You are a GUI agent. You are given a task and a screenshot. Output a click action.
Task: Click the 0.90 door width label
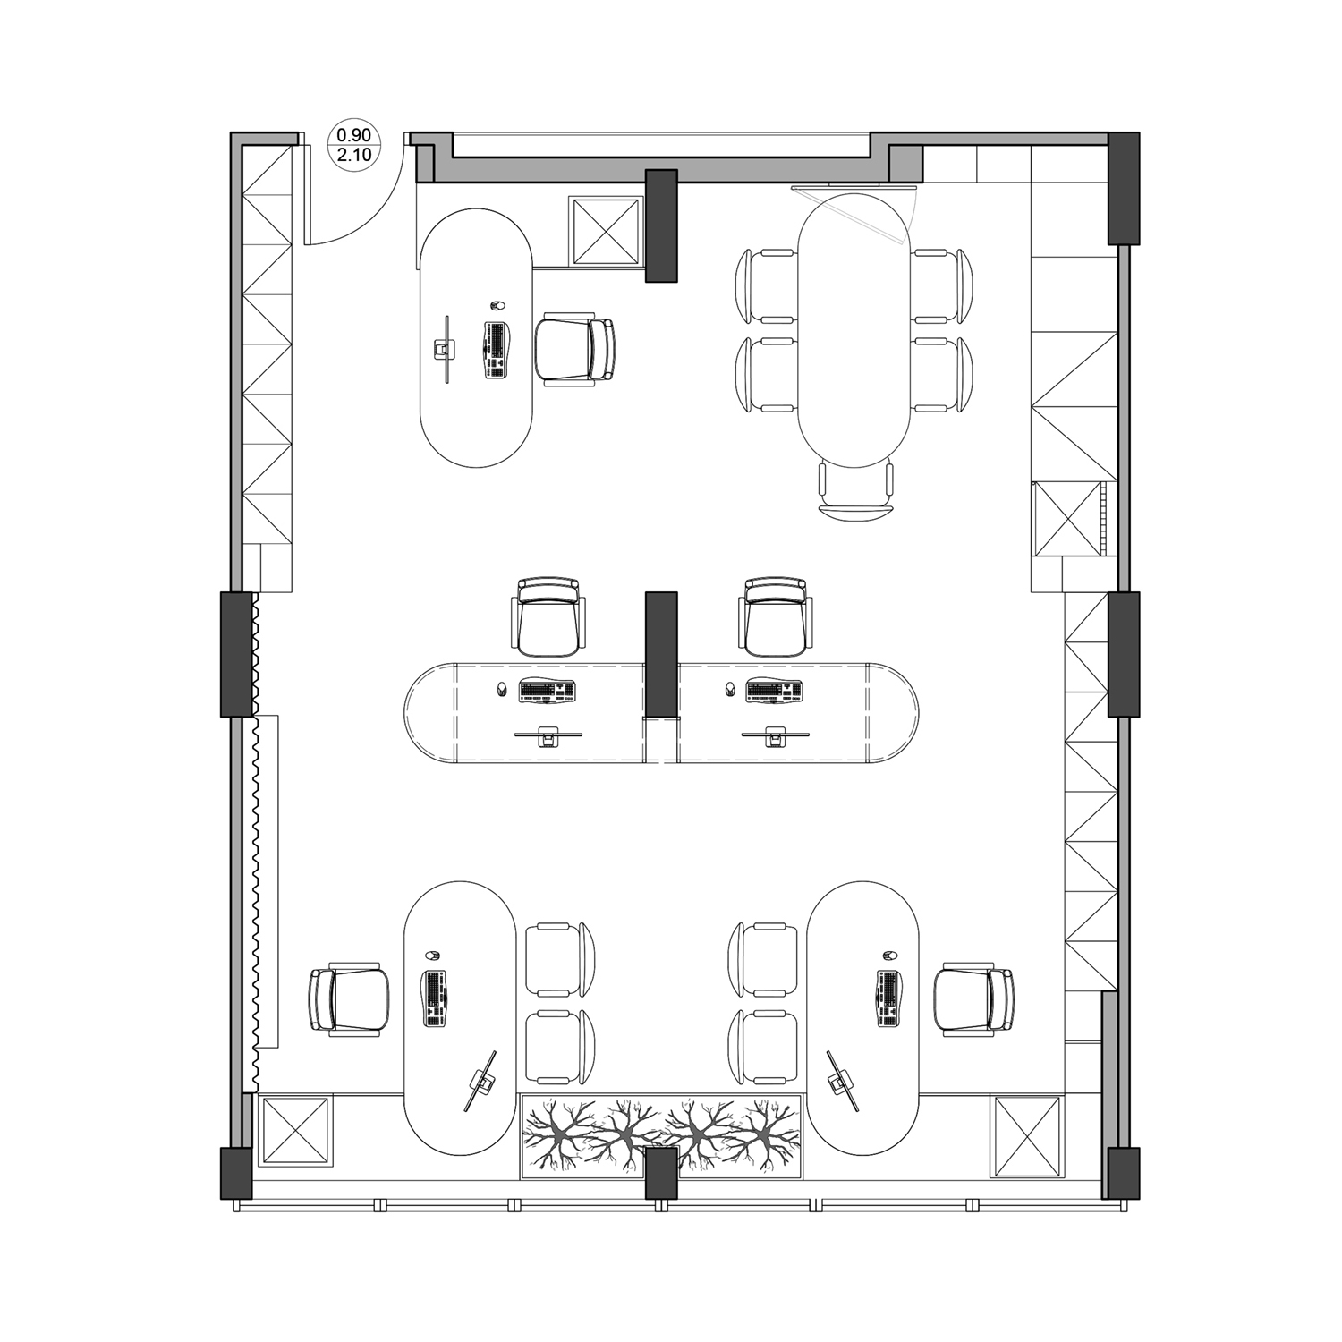pos(353,135)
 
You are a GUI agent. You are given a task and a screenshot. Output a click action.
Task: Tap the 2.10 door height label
pos(353,155)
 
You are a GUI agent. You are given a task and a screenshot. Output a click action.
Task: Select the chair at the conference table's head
pos(856,491)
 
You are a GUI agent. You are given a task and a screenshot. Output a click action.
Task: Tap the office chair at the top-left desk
pos(575,351)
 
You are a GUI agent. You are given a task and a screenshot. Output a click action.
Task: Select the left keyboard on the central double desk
pos(547,692)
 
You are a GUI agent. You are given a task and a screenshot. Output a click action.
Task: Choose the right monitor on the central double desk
pos(775,735)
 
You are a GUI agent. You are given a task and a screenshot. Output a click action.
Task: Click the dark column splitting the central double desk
pos(661,654)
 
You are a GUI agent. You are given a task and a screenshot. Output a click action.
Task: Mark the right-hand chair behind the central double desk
pos(776,617)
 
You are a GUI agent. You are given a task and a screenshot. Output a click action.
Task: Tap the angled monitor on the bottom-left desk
pos(481,1082)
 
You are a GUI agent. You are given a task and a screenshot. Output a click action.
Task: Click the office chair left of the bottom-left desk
pos(349,999)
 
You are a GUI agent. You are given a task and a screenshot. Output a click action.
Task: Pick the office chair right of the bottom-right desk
pos(974,999)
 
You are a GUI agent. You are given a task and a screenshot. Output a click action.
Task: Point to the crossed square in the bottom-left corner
pos(294,1131)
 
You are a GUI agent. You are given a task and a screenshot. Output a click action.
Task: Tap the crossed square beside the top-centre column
pos(607,230)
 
